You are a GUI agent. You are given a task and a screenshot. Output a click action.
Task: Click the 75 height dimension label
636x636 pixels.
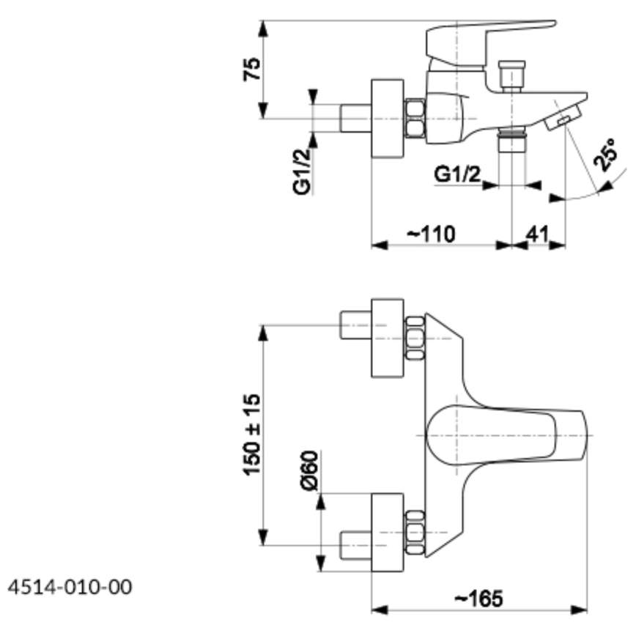tap(251, 70)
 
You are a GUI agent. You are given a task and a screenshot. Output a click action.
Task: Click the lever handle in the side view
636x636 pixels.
tap(487, 37)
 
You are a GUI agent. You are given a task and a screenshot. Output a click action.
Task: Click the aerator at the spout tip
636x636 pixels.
tap(564, 117)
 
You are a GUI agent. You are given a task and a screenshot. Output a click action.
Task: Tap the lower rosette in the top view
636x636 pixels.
tap(388, 532)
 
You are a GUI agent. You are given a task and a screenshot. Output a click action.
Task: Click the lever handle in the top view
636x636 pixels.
tap(506, 435)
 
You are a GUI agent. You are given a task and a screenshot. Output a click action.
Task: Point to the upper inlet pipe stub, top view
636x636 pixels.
tap(356, 325)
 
